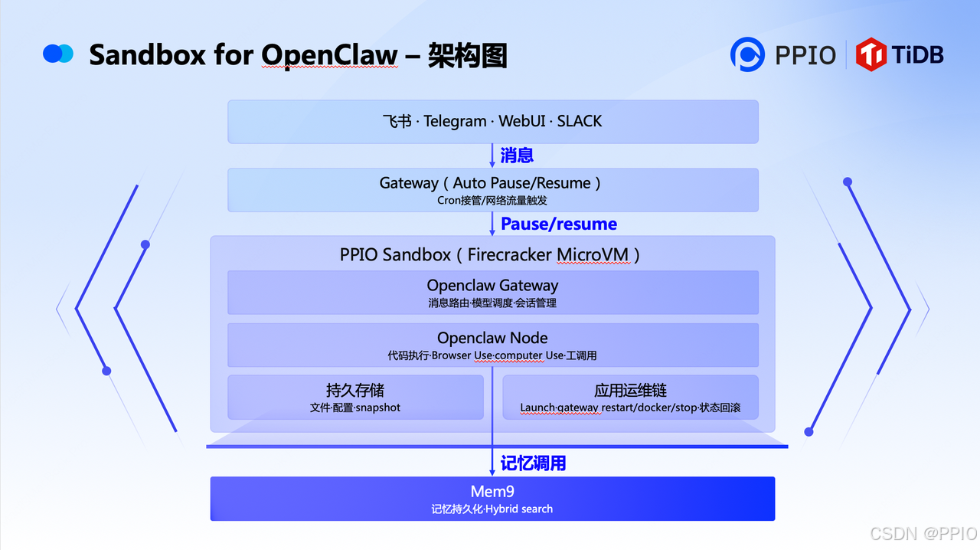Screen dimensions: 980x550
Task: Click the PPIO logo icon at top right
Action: pyautogui.click(x=747, y=54)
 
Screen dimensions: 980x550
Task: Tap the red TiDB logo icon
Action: pyautogui.click(x=871, y=54)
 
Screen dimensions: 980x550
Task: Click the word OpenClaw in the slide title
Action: pyautogui.click(x=329, y=55)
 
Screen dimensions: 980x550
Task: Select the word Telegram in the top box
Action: pyautogui.click(x=455, y=121)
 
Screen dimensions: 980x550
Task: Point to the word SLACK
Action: pyautogui.click(x=580, y=121)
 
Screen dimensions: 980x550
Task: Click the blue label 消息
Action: pyautogui.click(x=517, y=156)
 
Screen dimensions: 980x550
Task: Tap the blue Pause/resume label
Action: pyautogui.click(x=559, y=224)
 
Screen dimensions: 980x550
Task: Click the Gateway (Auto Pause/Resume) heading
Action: pyautogui.click(x=491, y=183)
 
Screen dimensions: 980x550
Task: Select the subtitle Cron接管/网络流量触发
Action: pyautogui.click(x=492, y=201)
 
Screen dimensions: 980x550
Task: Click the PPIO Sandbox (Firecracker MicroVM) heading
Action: pyautogui.click(x=491, y=254)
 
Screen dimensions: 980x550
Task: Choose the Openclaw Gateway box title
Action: pyautogui.click(x=492, y=285)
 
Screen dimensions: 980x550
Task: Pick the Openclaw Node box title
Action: pyautogui.click(x=492, y=338)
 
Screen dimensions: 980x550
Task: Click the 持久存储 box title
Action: pyautogui.click(x=355, y=391)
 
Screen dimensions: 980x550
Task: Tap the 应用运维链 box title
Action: pyautogui.click(x=630, y=391)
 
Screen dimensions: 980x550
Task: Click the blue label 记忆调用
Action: pyautogui.click(x=533, y=463)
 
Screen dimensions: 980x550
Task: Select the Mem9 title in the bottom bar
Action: pyautogui.click(x=492, y=491)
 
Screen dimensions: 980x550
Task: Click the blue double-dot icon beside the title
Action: pyautogui.click(x=58, y=54)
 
